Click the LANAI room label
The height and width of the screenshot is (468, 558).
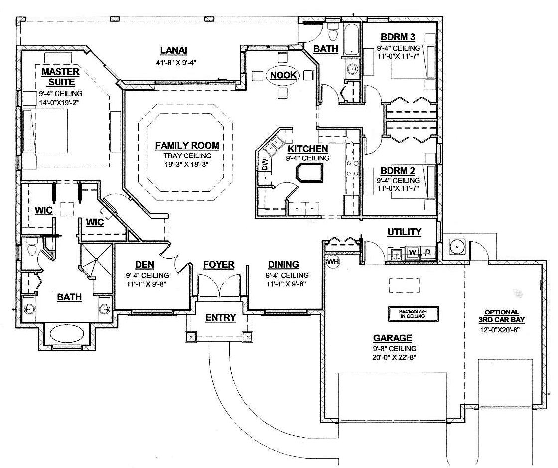point(173,50)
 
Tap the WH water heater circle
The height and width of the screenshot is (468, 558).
point(333,262)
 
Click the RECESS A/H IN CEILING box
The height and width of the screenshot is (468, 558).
point(413,313)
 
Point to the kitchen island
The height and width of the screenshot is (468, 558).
point(309,173)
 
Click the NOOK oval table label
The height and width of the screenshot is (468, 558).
point(283,75)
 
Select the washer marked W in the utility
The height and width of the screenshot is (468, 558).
point(413,252)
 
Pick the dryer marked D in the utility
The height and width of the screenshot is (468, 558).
point(428,252)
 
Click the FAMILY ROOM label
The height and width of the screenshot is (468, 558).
point(187,145)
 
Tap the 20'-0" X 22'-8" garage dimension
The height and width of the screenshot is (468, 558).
point(394,357)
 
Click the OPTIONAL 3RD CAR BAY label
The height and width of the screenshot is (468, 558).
point(501,316)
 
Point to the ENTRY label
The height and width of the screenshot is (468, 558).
point(221,317)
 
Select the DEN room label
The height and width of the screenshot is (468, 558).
point(145,265)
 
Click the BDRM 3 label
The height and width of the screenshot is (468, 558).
point(398,37)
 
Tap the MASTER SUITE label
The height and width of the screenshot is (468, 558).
point(60,77)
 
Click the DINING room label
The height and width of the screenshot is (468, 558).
point(283,265)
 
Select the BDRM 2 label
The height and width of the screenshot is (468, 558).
point(398,171)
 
